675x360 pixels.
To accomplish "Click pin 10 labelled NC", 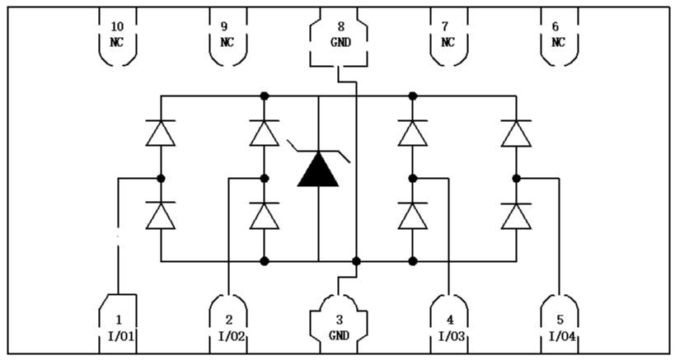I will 116,34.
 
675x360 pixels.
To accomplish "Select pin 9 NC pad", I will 226,34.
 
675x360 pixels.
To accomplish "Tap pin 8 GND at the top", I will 338,34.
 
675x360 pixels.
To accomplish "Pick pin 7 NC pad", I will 448,34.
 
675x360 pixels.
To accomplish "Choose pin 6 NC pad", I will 558,34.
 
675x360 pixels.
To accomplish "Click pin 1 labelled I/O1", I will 118,326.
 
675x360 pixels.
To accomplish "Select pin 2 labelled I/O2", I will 229,326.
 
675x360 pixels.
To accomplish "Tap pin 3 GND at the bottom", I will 338,326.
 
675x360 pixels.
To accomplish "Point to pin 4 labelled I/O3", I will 449,326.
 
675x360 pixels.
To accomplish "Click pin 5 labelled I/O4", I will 559,326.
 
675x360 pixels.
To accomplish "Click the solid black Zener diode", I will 318,170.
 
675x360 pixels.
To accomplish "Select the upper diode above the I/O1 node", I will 161,133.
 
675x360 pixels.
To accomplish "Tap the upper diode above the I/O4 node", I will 517,133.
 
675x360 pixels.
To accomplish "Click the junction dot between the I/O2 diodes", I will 265,177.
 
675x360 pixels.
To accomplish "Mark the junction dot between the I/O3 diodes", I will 413,177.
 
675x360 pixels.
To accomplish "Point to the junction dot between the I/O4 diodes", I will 517,177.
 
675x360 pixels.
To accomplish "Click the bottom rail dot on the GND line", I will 356,261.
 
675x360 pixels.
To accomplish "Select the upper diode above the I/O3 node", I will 413,133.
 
